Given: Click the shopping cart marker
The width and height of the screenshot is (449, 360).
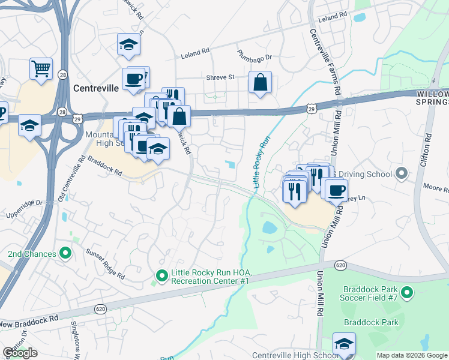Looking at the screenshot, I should click(x=41, y=69).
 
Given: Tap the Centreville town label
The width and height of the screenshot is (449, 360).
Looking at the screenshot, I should click(x=96, y=88).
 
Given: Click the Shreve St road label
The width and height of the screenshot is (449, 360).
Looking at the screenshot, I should click(x=220, y=77).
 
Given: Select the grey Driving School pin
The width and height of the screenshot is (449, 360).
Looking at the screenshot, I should click(x=402, y=174).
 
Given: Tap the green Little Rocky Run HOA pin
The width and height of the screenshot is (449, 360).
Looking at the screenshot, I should click(x=161, y=276).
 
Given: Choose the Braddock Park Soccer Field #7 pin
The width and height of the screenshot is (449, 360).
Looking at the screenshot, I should click(x=407, y=292).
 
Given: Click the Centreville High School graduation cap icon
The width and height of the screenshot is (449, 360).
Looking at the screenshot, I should click(x=345, y=344).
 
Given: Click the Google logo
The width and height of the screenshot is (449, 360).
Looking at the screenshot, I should click(x=20, y=353).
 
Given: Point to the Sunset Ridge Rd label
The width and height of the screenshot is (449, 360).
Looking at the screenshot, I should click(x=104, y=265).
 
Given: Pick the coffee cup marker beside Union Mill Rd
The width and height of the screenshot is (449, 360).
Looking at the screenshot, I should click(x=336, y=190).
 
